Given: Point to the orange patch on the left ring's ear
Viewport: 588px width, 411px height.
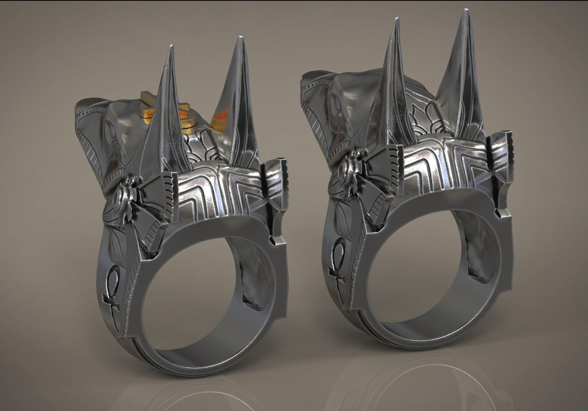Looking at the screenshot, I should pyautogui.click(x=220, y=116).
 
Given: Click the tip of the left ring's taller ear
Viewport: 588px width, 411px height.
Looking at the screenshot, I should pyautogui.click(x=238, y=38).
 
